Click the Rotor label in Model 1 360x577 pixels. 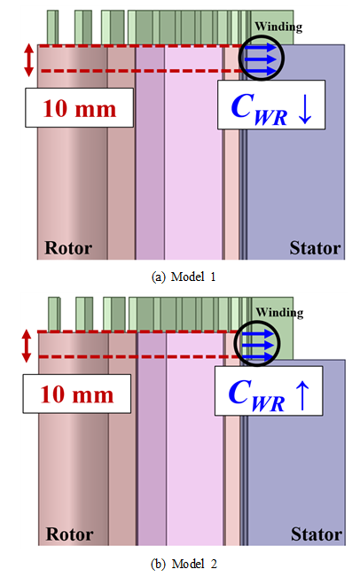[x=68, y=248]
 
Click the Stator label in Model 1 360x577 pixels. [x=315, y=248]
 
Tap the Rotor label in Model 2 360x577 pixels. [x=69, y=534]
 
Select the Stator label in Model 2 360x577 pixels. [x=317, y=534]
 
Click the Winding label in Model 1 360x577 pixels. [x=278, y=27]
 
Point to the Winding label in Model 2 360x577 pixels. [x=280, y=313]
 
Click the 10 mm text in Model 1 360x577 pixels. [x=79, y=108]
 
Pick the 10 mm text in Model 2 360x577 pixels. [x=76, y=394]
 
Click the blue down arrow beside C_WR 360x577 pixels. [x=305, y=110]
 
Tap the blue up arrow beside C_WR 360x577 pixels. [x=302, y=395]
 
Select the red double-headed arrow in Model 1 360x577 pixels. [x=29, y=60]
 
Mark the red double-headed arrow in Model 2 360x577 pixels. [x=27, y=346]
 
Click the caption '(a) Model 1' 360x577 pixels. [x=184, y=277]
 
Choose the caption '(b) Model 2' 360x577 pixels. [x=184, y=564]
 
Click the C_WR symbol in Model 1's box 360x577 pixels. [x=259, y=109]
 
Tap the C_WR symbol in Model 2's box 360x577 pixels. [x=256, y=394]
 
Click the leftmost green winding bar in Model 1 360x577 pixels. [x=52, y=27]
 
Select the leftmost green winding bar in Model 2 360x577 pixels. [x=54, y=314]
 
